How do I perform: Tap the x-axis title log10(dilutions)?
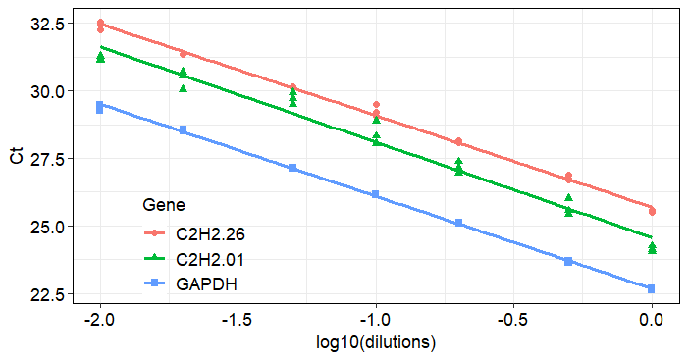pos(376,344)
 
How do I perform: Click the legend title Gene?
pos(164,205)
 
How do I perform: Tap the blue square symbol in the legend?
pos(154,284)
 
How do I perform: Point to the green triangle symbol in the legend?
pos(154,259)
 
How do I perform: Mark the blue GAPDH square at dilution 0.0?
pos(652,288)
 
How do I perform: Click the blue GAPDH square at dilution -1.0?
pos(376,195)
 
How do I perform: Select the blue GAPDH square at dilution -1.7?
pos(184,129)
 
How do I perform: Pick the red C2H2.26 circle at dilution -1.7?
pos(184,54)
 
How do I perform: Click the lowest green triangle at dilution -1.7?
pos(184,88)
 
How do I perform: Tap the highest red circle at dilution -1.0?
pos(376,104)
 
